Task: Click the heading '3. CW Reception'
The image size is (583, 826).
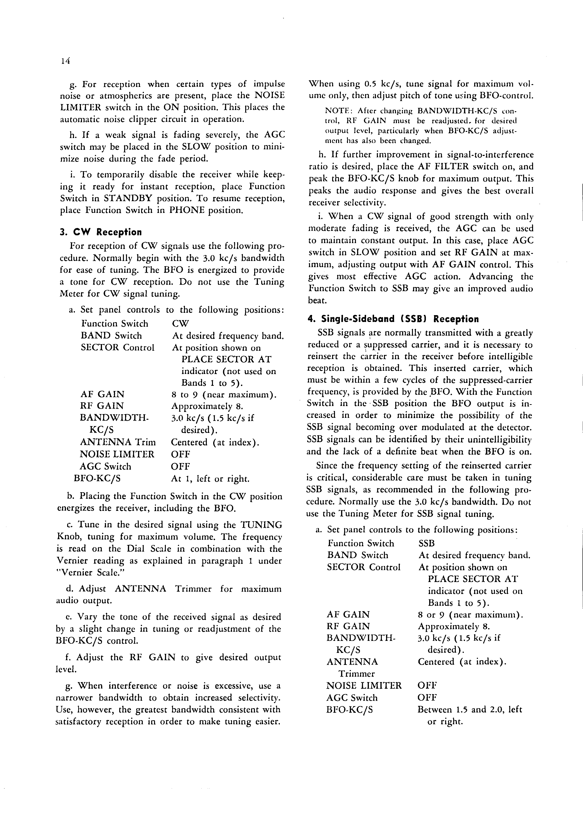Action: click(101, 232)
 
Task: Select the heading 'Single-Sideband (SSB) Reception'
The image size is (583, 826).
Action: click(393, 319)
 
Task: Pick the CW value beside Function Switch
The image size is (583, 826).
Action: click(180, 324)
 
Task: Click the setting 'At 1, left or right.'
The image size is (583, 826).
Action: click(210, 479)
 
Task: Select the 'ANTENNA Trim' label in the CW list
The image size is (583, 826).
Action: click(118, 442)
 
